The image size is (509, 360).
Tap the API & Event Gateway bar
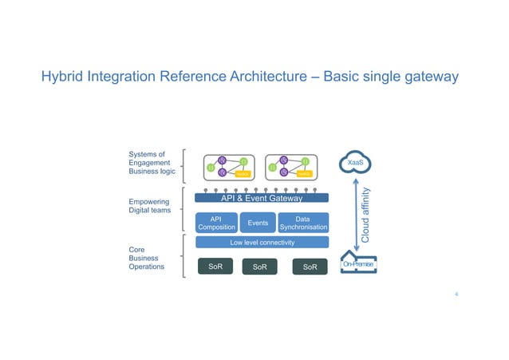tap(261, 198)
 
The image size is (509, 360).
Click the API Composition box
tap(215, 223)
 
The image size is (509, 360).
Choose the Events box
tap(257, 223)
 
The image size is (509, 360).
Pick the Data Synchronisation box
tap(302, 223)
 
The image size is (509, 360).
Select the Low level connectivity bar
tap(262, 243)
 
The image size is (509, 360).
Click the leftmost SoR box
tap(215, 267)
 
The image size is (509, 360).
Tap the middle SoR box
tap(259, 267)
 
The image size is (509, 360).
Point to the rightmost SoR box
tap(310, 267)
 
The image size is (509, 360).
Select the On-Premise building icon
tap(357, 264)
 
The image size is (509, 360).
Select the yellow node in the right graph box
tap(303, 173)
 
